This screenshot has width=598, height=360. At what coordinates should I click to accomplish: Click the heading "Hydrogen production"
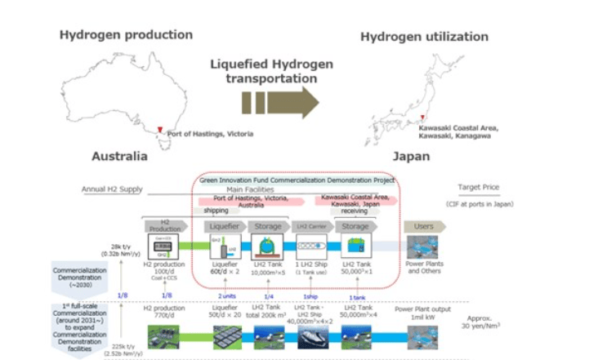[x=126, y=35]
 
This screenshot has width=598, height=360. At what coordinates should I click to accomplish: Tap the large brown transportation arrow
[x=280, y=104]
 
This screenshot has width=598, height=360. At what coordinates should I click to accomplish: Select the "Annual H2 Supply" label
[x=112, y=189]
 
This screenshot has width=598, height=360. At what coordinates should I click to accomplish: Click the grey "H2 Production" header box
[x=163, y=225]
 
